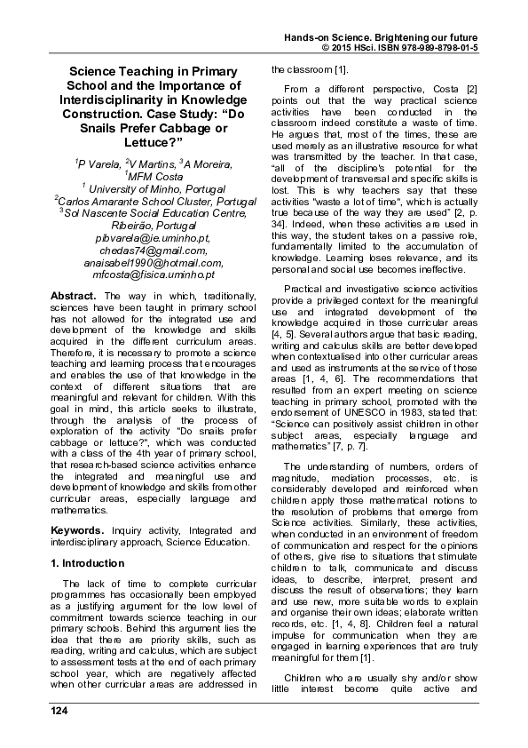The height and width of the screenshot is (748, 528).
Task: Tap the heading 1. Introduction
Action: click(x=88, y=563)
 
